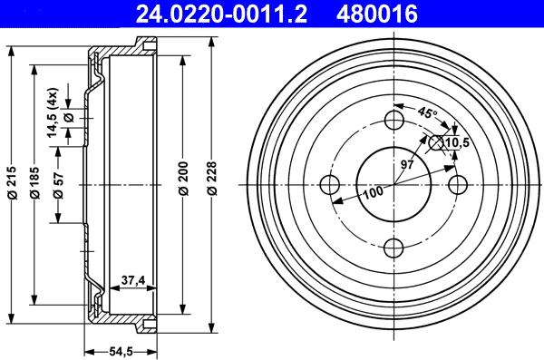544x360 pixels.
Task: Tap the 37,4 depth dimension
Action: click(x=133, y=281)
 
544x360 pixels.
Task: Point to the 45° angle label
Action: click(x=427, y=114)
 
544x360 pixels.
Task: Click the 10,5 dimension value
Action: click(x=458, y=141)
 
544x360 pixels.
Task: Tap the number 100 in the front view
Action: click(x=373, y=190)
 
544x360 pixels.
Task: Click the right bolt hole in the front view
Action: click(x=458, y=184)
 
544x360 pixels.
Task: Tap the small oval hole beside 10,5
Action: click(x=436, y=142)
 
